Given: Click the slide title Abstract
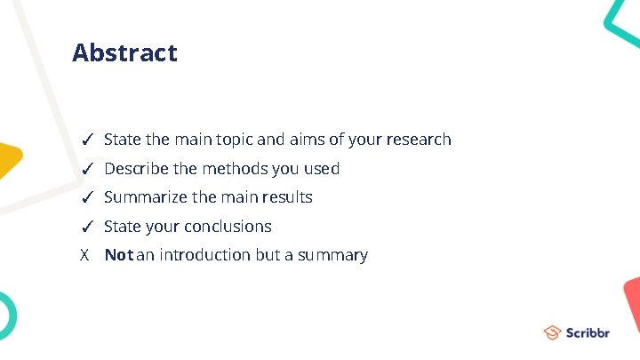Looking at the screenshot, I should (124, 53).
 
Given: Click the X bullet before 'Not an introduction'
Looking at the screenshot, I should (85, 255).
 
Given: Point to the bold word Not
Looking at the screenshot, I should (118, 255).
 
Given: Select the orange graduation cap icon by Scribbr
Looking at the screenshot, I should (553, 332).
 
